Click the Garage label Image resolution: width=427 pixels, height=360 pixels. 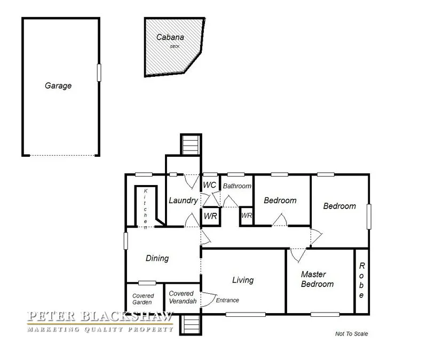[x=58, y=85]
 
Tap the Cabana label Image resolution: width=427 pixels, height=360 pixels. [x=170, y=37]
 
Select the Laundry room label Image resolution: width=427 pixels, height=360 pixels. [x=184, y=201]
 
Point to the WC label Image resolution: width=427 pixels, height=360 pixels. [x=209, y=185]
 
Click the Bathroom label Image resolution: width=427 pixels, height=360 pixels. [x=237, y=186]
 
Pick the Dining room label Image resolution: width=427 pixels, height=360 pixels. [x=157, y=258]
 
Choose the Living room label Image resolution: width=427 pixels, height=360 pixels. [x=243, y=280]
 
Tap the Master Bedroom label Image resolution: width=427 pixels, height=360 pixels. [x=317, y=279]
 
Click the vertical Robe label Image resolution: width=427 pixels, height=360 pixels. [x=361, y=281]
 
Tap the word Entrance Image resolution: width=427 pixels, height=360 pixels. [x=227, y=300]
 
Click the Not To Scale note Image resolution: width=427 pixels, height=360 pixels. [x=352, y=334]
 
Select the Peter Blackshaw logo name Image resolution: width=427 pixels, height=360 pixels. [x=100, y=317]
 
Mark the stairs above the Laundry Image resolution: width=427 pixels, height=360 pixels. [x=190, y=144]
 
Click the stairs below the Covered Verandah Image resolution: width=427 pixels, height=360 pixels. [x=190, y=324]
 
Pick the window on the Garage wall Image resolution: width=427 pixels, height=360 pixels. [x=99, y=73]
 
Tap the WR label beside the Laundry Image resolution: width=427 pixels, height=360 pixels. [x=210, y=217]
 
